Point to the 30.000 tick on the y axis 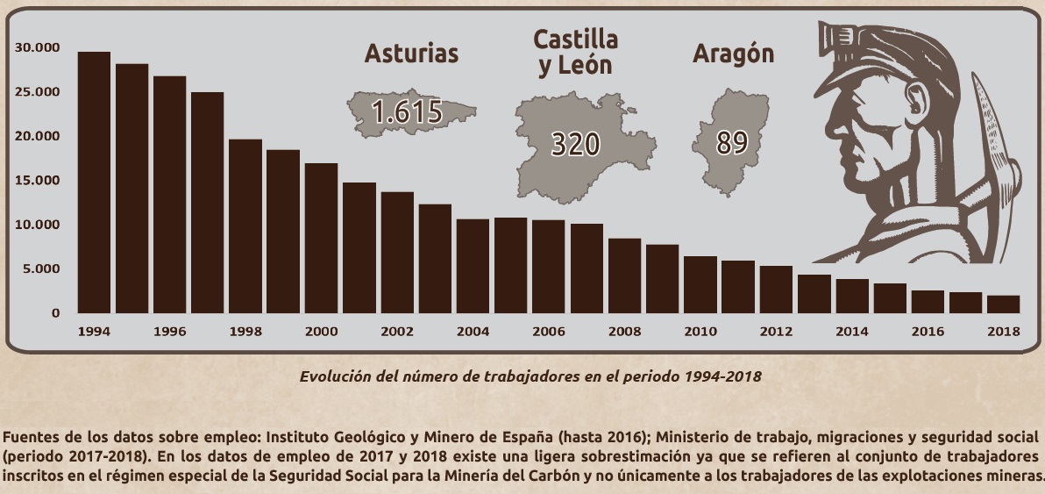tap(38, 47)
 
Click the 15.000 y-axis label tap(38, 181)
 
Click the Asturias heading tap(411, 54)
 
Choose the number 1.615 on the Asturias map tap(406, 111)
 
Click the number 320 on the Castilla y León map tap(574, 143)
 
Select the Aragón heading tap(733, 54)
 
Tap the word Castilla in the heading tap(576, 39)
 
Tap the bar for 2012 tap(776, 289)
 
